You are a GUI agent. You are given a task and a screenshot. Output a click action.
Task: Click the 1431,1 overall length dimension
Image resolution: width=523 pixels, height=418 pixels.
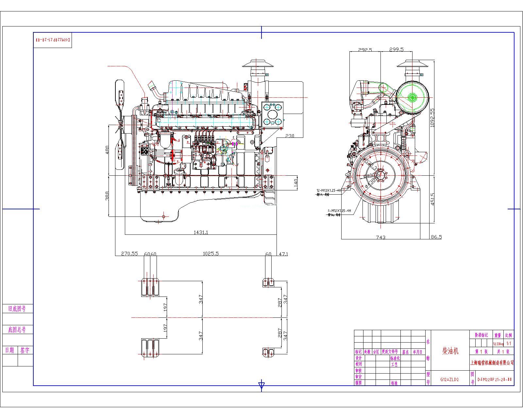pos(201,232)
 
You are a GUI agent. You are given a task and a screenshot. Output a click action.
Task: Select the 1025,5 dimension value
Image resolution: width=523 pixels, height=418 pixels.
pos(211,253)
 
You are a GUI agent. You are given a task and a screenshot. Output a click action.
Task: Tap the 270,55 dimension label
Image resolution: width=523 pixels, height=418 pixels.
pos(129,253)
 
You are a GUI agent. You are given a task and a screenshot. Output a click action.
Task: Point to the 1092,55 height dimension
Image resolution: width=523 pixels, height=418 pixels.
pos(432,118)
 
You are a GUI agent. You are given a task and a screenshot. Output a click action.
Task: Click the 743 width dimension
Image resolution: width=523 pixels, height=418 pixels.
pos(381,237)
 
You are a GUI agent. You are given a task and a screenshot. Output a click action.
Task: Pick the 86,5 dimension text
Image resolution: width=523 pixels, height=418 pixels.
pos(436,237)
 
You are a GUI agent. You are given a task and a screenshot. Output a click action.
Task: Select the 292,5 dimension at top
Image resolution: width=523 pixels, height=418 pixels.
pos(365,50)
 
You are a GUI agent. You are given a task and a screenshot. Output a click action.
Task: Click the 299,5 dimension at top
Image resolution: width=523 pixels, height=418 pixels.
pos(396,50)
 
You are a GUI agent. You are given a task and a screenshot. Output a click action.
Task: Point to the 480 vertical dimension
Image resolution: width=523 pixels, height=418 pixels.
pos(107,150)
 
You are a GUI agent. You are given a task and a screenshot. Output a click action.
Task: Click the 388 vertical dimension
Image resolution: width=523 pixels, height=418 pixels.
pos(107,196)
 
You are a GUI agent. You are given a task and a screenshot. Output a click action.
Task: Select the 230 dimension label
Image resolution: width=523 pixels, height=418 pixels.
pos(290,136)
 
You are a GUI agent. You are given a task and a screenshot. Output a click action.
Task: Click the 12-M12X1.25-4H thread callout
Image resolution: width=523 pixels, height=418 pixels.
pos(329,190)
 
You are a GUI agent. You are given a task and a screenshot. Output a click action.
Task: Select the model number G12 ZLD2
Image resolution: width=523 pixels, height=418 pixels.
pos(449,379)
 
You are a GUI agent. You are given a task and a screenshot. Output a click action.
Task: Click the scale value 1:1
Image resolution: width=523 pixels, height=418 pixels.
pos(509,344)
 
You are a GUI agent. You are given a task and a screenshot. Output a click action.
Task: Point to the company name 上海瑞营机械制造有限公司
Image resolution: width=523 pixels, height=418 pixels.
pos(492,362)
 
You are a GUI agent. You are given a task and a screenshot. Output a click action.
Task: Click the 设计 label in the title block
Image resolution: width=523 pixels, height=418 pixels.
pos(359,358)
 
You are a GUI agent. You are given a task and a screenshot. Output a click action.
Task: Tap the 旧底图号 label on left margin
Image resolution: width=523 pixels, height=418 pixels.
pos(17,309)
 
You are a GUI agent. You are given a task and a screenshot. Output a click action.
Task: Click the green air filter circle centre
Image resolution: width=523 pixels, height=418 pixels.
pos(412,96)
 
